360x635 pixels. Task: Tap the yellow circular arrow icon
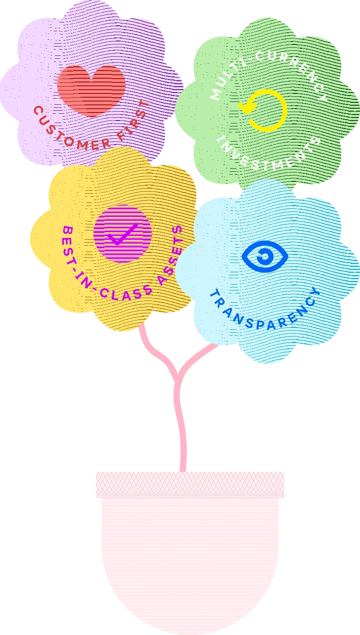coord(264,109)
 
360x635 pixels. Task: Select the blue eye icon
coord(265,256)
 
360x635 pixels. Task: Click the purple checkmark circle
coord(122,233)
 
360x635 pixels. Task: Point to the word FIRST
coord(133,123)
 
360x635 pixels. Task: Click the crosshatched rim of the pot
coord(191,484)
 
